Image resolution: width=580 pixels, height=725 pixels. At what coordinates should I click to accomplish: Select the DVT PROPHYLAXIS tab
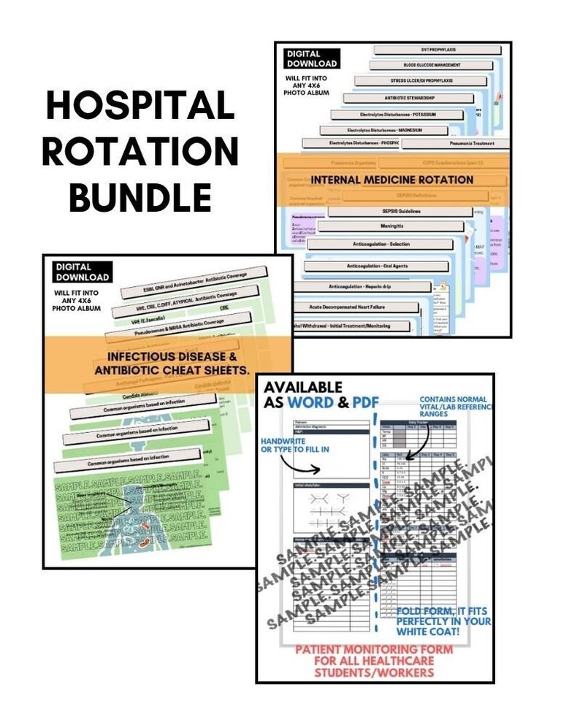point(424,50)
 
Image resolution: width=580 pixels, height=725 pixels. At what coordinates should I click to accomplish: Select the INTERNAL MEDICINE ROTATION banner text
point(392,180)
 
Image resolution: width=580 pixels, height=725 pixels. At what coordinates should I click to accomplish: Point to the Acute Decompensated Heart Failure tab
point(359,307)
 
